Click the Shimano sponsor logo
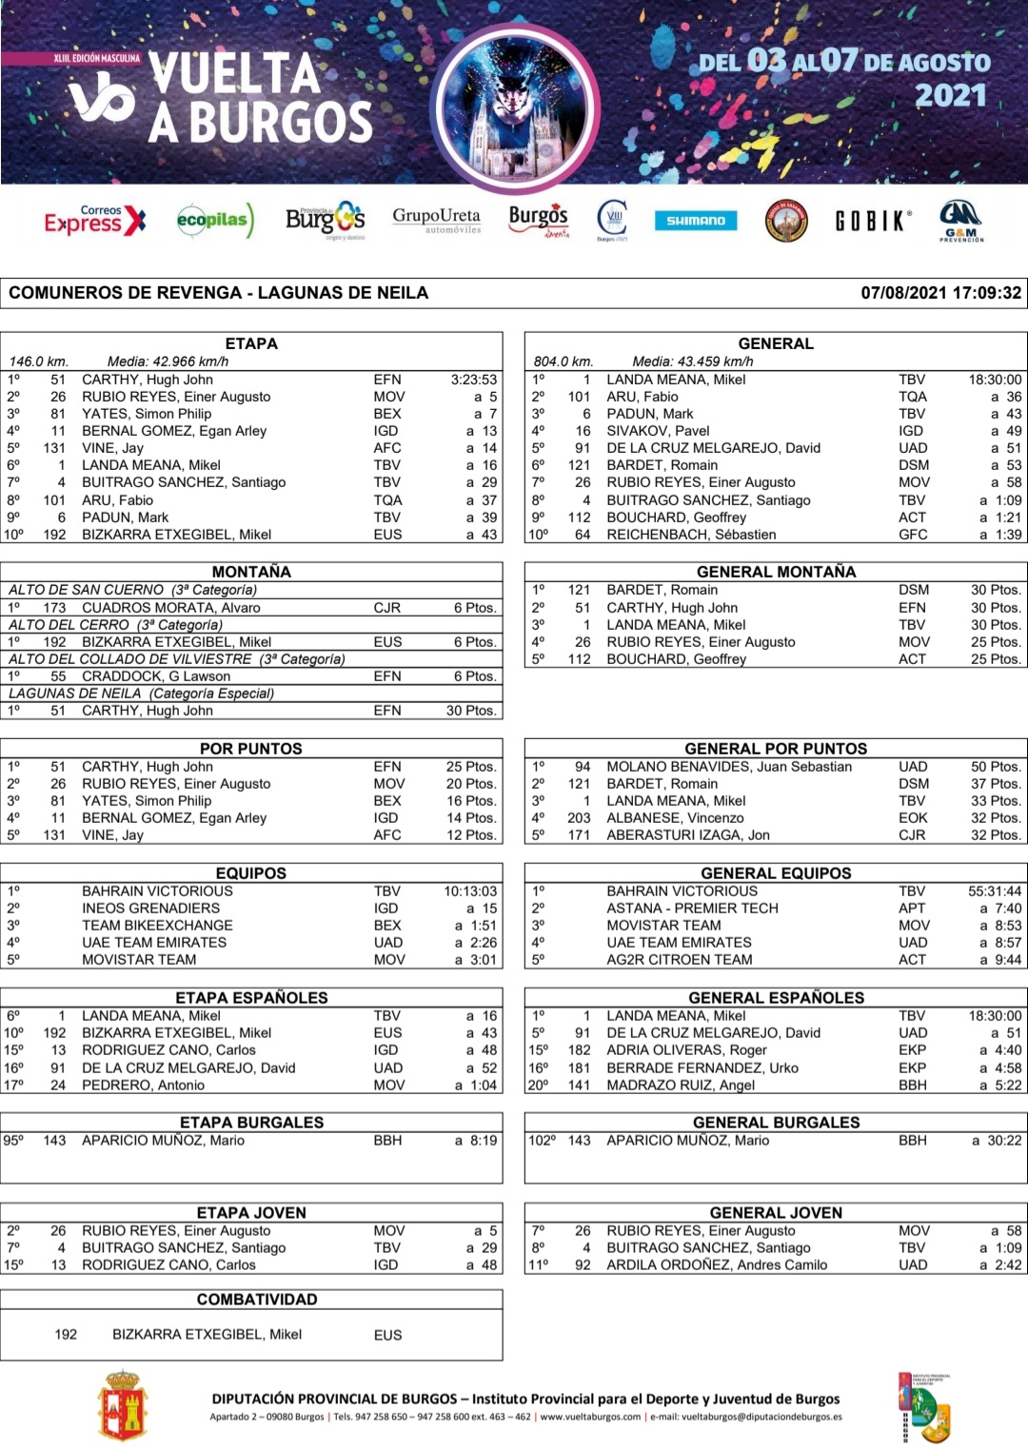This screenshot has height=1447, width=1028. [x=696, y=221]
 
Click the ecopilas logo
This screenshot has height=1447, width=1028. [x=215, y=221]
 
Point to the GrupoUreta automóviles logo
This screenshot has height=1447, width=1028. [x=437, y=220]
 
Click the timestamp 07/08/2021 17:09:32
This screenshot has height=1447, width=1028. [x=940, y=293]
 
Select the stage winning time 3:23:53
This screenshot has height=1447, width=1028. [x=473, y=380]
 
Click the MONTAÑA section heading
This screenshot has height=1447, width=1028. [x=251, y=572]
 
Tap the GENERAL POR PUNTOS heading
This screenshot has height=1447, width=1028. [x=776, y=749]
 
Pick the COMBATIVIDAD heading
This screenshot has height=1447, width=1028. [x=251, y=1300]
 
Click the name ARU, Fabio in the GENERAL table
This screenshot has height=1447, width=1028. [x=642, y=397]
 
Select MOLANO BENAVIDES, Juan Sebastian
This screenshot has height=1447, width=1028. [x=729, y=767]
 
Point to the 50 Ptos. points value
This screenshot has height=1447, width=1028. [x=996, y=767]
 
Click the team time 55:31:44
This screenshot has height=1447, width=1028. [x=995, y=891]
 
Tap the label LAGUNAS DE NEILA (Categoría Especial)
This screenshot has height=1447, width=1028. [x=142, y=694]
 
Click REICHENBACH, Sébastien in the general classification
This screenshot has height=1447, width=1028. [x=691, y=535]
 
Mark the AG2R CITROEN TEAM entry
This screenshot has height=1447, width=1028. [x=680, y=960]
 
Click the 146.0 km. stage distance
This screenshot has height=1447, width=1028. [x=39, y=362]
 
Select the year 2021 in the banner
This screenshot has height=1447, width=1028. [x=951, y=95]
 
